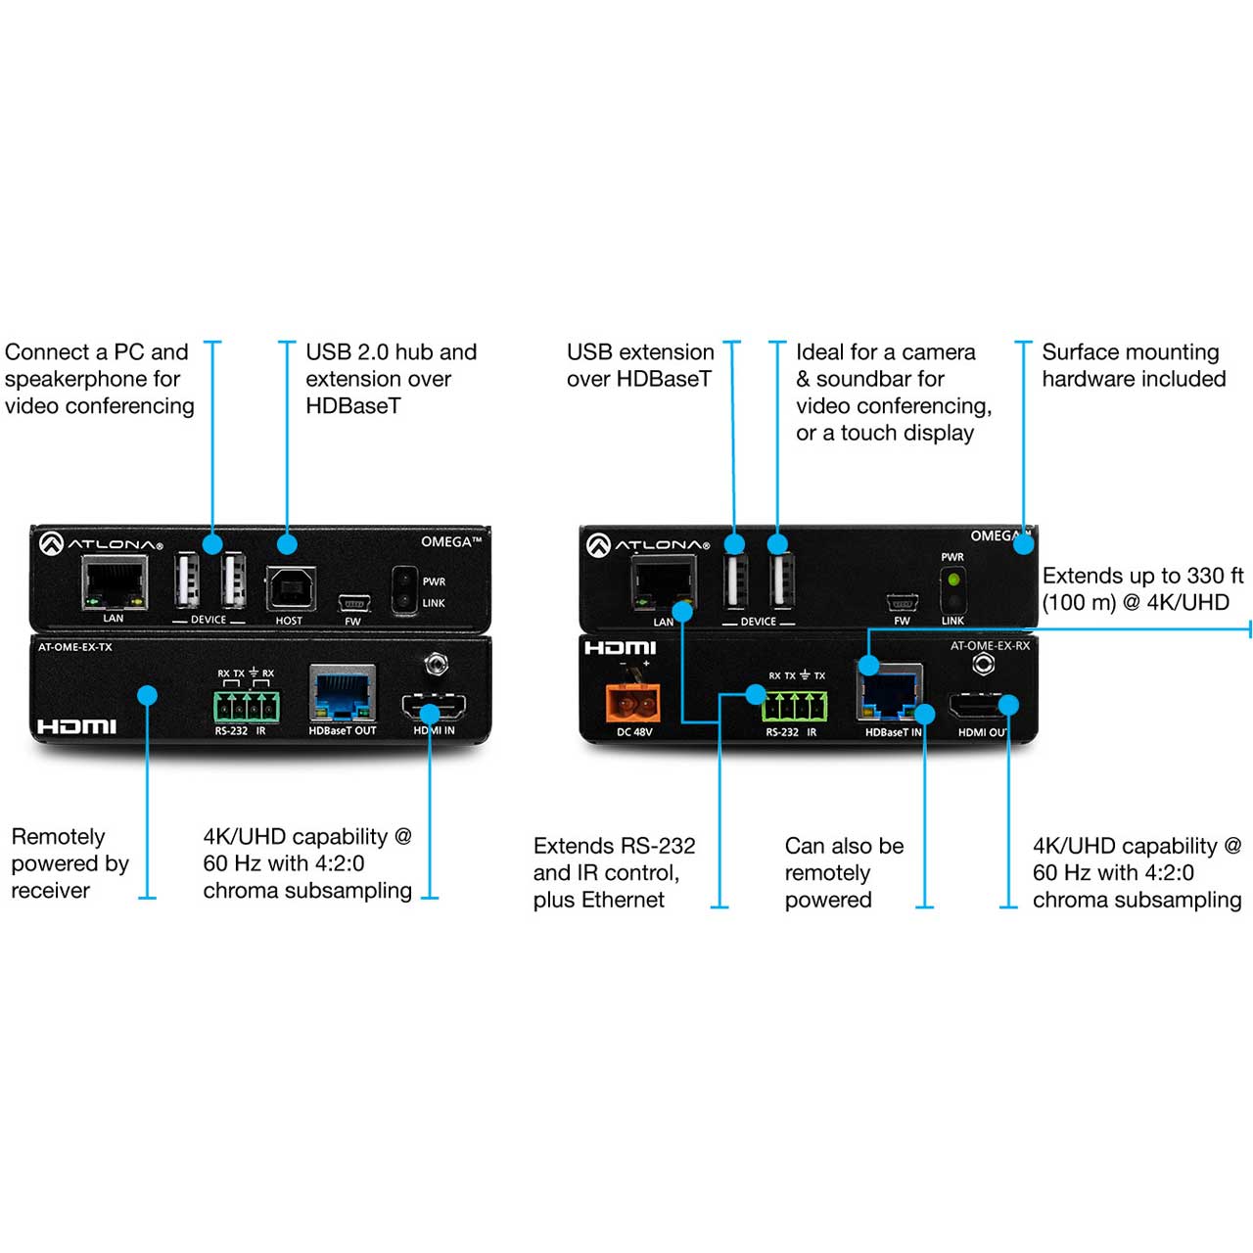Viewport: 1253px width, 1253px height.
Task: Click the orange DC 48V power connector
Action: coord(632,703)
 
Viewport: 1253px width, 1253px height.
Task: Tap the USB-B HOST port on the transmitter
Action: coord(291,588)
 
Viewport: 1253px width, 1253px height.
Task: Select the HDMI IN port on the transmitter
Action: coord(434,708)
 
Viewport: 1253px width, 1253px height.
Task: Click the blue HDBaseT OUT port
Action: coord(343,693)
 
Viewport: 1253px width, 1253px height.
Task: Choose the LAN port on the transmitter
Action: coord(115,582)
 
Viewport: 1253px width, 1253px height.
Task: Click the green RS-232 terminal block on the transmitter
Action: coord(247,707)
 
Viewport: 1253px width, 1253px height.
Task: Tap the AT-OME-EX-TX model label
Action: coord(74,647)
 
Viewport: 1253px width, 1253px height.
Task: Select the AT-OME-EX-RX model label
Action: coord(990,646)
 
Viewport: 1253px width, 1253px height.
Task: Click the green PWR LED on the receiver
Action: coord(953,579)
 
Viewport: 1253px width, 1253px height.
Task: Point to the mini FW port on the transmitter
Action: coord(353,603)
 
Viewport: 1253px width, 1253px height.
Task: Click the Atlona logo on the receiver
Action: coord(648,545)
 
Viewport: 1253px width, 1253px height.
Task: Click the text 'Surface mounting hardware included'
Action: coord(1134,365)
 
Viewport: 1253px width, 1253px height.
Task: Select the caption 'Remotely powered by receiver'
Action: coord(70,862)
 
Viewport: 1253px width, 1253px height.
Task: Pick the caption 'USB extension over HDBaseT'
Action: coord(640,365)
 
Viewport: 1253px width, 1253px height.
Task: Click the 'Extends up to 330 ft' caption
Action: coord(1142,576)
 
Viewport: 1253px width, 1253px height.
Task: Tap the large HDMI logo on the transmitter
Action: coord(76,726)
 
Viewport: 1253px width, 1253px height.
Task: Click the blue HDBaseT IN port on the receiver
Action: coord(890,693)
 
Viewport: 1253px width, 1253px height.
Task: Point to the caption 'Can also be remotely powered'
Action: coord(844,872)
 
